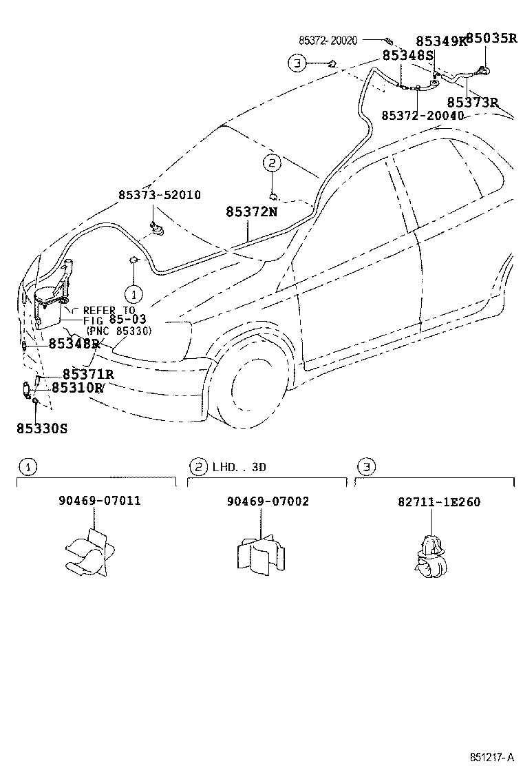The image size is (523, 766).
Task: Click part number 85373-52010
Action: tap(159, 196)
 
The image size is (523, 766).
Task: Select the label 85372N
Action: tap(251, 212)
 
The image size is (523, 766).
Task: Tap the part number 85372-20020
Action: tap(328, 41)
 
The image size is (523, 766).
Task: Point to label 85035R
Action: tap(491, 38)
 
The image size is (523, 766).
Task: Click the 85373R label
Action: tap(472, 103)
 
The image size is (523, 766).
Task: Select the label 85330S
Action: tap(42, 428)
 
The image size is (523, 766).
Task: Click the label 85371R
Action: tap(87, 374)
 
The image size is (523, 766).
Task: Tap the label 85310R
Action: tap(78, 388)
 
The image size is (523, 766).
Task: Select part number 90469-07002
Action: tap(267, 501)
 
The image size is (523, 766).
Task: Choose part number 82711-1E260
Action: tap(438, 502)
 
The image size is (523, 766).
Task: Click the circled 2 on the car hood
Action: tap(272, 163)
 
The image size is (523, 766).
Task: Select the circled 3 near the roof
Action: tap(297, 63)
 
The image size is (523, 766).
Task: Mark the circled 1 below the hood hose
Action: tap(134, 293)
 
